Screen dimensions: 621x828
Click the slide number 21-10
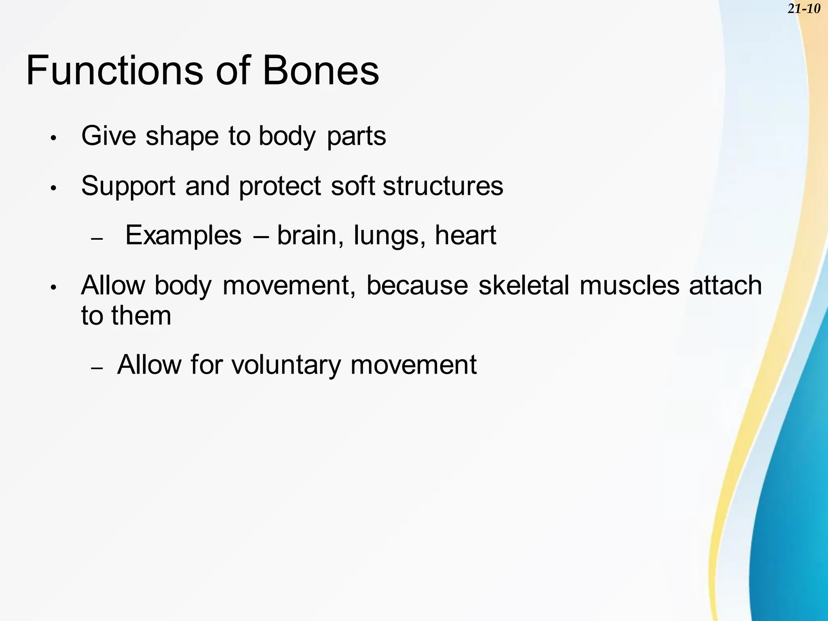click(804, 8)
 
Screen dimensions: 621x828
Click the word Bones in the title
click(321, 71)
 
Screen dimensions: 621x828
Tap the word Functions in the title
click(114, 71)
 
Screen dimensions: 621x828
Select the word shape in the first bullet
click(182, 136)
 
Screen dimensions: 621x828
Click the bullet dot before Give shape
click(53, 138)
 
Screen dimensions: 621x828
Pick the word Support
click(128, 187)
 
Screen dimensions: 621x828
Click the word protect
click(280, 187)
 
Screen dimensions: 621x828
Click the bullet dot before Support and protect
click(53, 188)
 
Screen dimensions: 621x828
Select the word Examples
click(183, 236)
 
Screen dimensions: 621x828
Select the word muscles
click(629, 285)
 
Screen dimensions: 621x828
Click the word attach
click(725, 285)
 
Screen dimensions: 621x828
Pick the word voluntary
click(286, 365)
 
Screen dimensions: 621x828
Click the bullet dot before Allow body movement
click(53, 288)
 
